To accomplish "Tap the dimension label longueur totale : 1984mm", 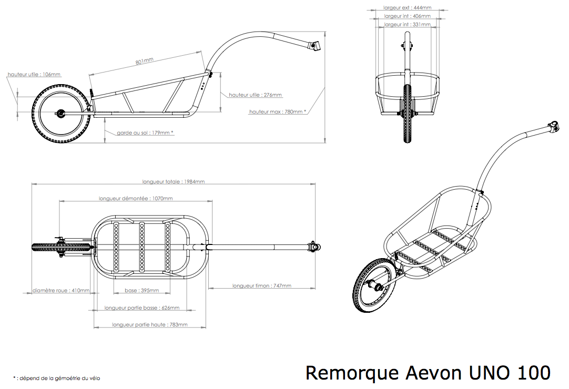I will tap(174, 182).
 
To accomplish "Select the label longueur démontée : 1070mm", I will tap(136, 199).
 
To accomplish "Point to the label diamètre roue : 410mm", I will tap(60, 290).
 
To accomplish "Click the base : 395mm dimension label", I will tap(141, 290).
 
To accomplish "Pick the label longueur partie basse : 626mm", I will tap(142, 308).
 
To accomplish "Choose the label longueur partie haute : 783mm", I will tap(149, 325).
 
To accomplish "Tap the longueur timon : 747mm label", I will tap(262, 286).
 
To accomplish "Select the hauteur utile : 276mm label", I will tap(255, 95).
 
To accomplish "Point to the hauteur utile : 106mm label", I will tap(34, 75).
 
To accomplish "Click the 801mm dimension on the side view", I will tap(145, 62).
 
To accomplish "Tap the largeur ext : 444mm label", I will tap(407, 8).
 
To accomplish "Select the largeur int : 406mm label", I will tap(407, 16).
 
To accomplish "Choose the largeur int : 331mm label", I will tap(407, 25).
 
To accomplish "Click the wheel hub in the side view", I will tap(60, 113).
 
